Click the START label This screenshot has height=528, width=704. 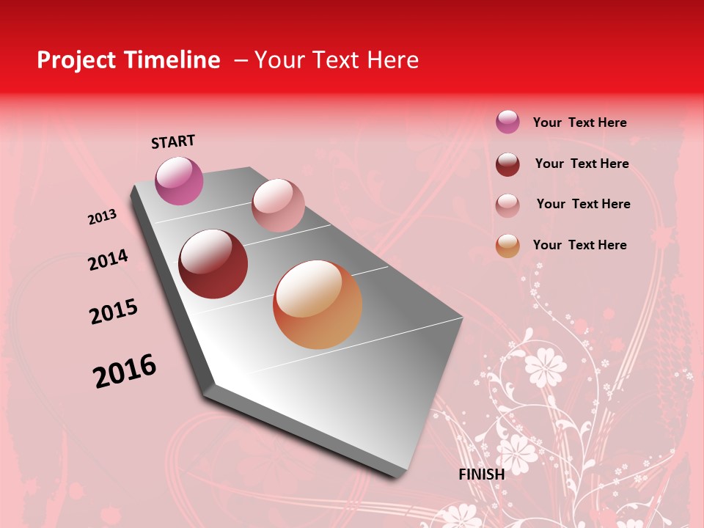(x=173, y=142)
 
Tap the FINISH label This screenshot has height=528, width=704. (x=482, y=474)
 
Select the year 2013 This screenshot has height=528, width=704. (x=102, y=217)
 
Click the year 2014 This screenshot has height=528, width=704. (x=108, y=260)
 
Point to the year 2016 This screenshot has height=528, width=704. (x=125, y=371)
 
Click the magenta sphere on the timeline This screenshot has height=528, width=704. (x=180, y=180)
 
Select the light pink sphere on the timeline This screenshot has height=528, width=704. (x=278, y=205)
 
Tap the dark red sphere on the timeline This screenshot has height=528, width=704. (x=213, y=264)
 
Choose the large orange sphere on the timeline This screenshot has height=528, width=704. (x=318, y=304)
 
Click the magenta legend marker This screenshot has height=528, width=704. (x=507, y=122)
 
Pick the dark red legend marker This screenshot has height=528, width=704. (x=507, y=164)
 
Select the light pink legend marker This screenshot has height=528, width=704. (x=507, y=205)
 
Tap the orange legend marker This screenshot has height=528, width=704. (x=507, y=246)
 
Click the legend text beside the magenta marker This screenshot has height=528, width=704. (x=580, y=122)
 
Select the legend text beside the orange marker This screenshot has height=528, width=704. (x=580, y=245)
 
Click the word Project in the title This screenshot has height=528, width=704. (x=77, y=60)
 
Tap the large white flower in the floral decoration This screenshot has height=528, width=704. (x=546, y=366)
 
